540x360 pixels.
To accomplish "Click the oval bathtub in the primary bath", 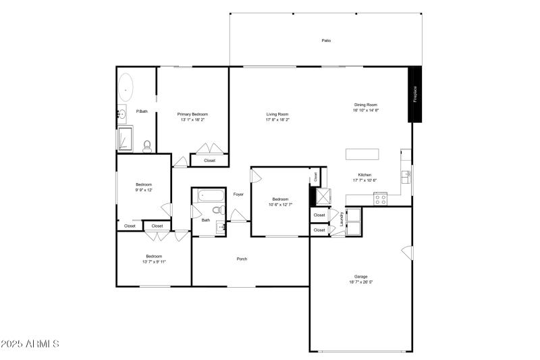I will point(126,88).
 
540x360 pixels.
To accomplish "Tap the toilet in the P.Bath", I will point(147,145).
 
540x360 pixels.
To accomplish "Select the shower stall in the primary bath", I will point(126,139).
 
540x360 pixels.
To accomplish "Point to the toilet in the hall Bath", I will point(217,210).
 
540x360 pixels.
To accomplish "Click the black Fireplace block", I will point(416,94).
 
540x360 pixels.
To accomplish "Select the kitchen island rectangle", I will point(367,154).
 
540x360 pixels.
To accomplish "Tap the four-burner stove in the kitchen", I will point(380,199).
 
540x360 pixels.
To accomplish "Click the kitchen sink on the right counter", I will point(406,177).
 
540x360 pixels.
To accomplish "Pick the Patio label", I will point(326,41).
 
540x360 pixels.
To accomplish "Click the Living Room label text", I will point(277,114).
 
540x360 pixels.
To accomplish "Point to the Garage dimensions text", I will point(361,282).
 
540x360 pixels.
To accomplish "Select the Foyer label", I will point(238,195).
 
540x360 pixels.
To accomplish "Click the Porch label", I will point(242,259).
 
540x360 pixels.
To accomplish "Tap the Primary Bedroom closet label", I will point(209,161).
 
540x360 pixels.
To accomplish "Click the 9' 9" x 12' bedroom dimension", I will point(144,190).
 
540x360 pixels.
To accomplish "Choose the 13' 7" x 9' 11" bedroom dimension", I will point(154,261).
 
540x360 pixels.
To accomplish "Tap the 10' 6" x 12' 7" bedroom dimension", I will point(280,205).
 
